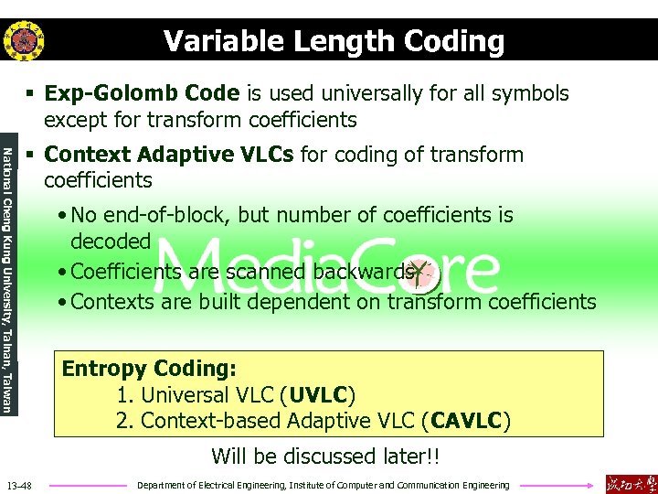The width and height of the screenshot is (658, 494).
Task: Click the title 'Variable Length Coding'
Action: coord(334,41)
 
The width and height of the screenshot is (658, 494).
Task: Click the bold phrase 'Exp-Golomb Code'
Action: coord(142,93)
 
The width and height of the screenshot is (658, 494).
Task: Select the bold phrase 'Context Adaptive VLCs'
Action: coord(169,155)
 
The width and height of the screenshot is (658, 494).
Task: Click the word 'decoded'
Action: coord(111,242)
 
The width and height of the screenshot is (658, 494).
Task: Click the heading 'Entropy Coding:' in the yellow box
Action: coord(149,369)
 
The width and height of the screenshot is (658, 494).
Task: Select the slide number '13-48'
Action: coord(18,485)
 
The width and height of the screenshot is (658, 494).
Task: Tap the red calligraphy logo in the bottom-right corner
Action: coord(631,483)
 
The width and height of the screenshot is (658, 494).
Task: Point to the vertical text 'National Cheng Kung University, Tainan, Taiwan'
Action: coord(8,279)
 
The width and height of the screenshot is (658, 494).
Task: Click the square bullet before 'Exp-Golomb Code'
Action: coord(30,94)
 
